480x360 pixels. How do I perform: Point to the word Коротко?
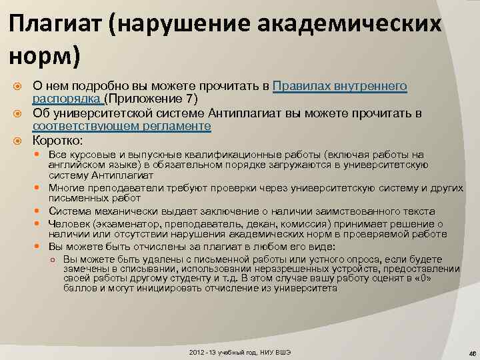pos(58,140)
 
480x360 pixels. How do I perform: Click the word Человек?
pos(69,223)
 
